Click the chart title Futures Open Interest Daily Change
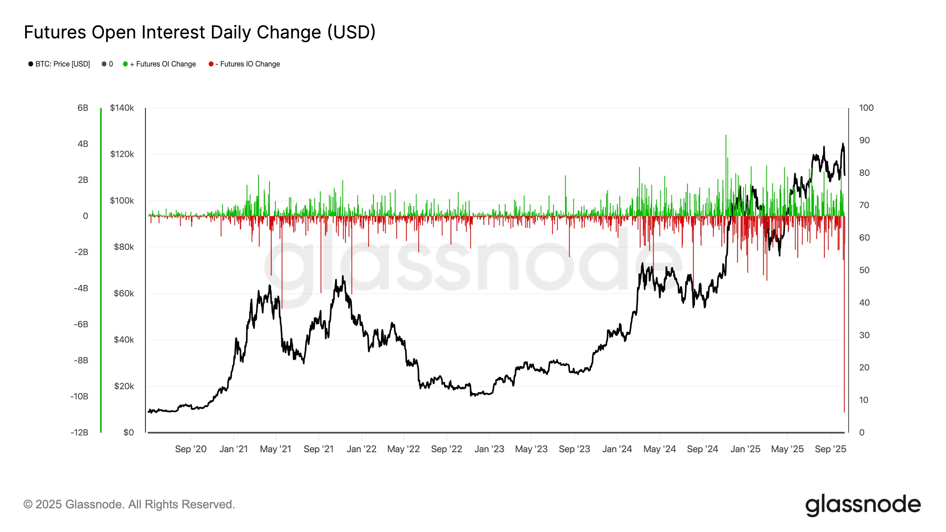click(200, 32)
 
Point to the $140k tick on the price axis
click(122, 108)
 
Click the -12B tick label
click(79, 432)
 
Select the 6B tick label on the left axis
click(83, 108)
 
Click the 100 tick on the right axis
click(866, 108)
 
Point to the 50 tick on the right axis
click(864, 270)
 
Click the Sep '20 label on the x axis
click(191, 449)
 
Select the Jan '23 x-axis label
click(489, 449)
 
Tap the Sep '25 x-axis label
click(830, 449)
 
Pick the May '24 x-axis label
click(660, 449)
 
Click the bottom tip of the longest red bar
click(844, 412)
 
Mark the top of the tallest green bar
click(726, 135)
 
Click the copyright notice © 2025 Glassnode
click(129, 505)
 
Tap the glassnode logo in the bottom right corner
click(863, 505)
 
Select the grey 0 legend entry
click(108, 64)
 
